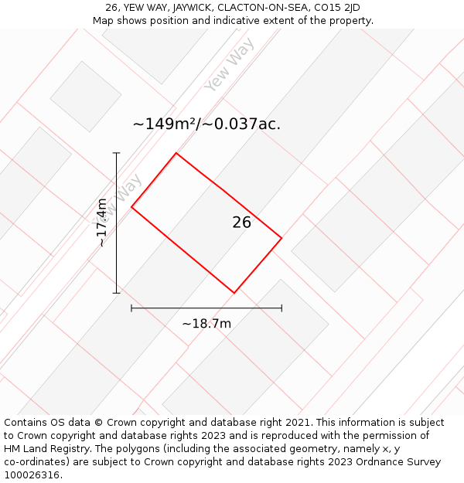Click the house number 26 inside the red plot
pos(241,222)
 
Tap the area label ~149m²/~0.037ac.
pos(206,124)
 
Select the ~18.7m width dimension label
pos(206,324)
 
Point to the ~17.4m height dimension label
pos(102,223)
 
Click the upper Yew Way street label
pos(230,64)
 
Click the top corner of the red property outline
pos(176,153)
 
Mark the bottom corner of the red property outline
pos(234,293)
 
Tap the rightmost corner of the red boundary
pos(281,238)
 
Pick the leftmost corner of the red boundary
pos(131,207)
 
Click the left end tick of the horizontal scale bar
pos(131,308)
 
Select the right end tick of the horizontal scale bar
pos(281,308)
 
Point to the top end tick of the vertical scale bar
pos(117,153)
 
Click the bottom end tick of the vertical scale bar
pos(117,293)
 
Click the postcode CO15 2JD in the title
pos(337,8)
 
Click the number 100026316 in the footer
pos(32,475)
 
